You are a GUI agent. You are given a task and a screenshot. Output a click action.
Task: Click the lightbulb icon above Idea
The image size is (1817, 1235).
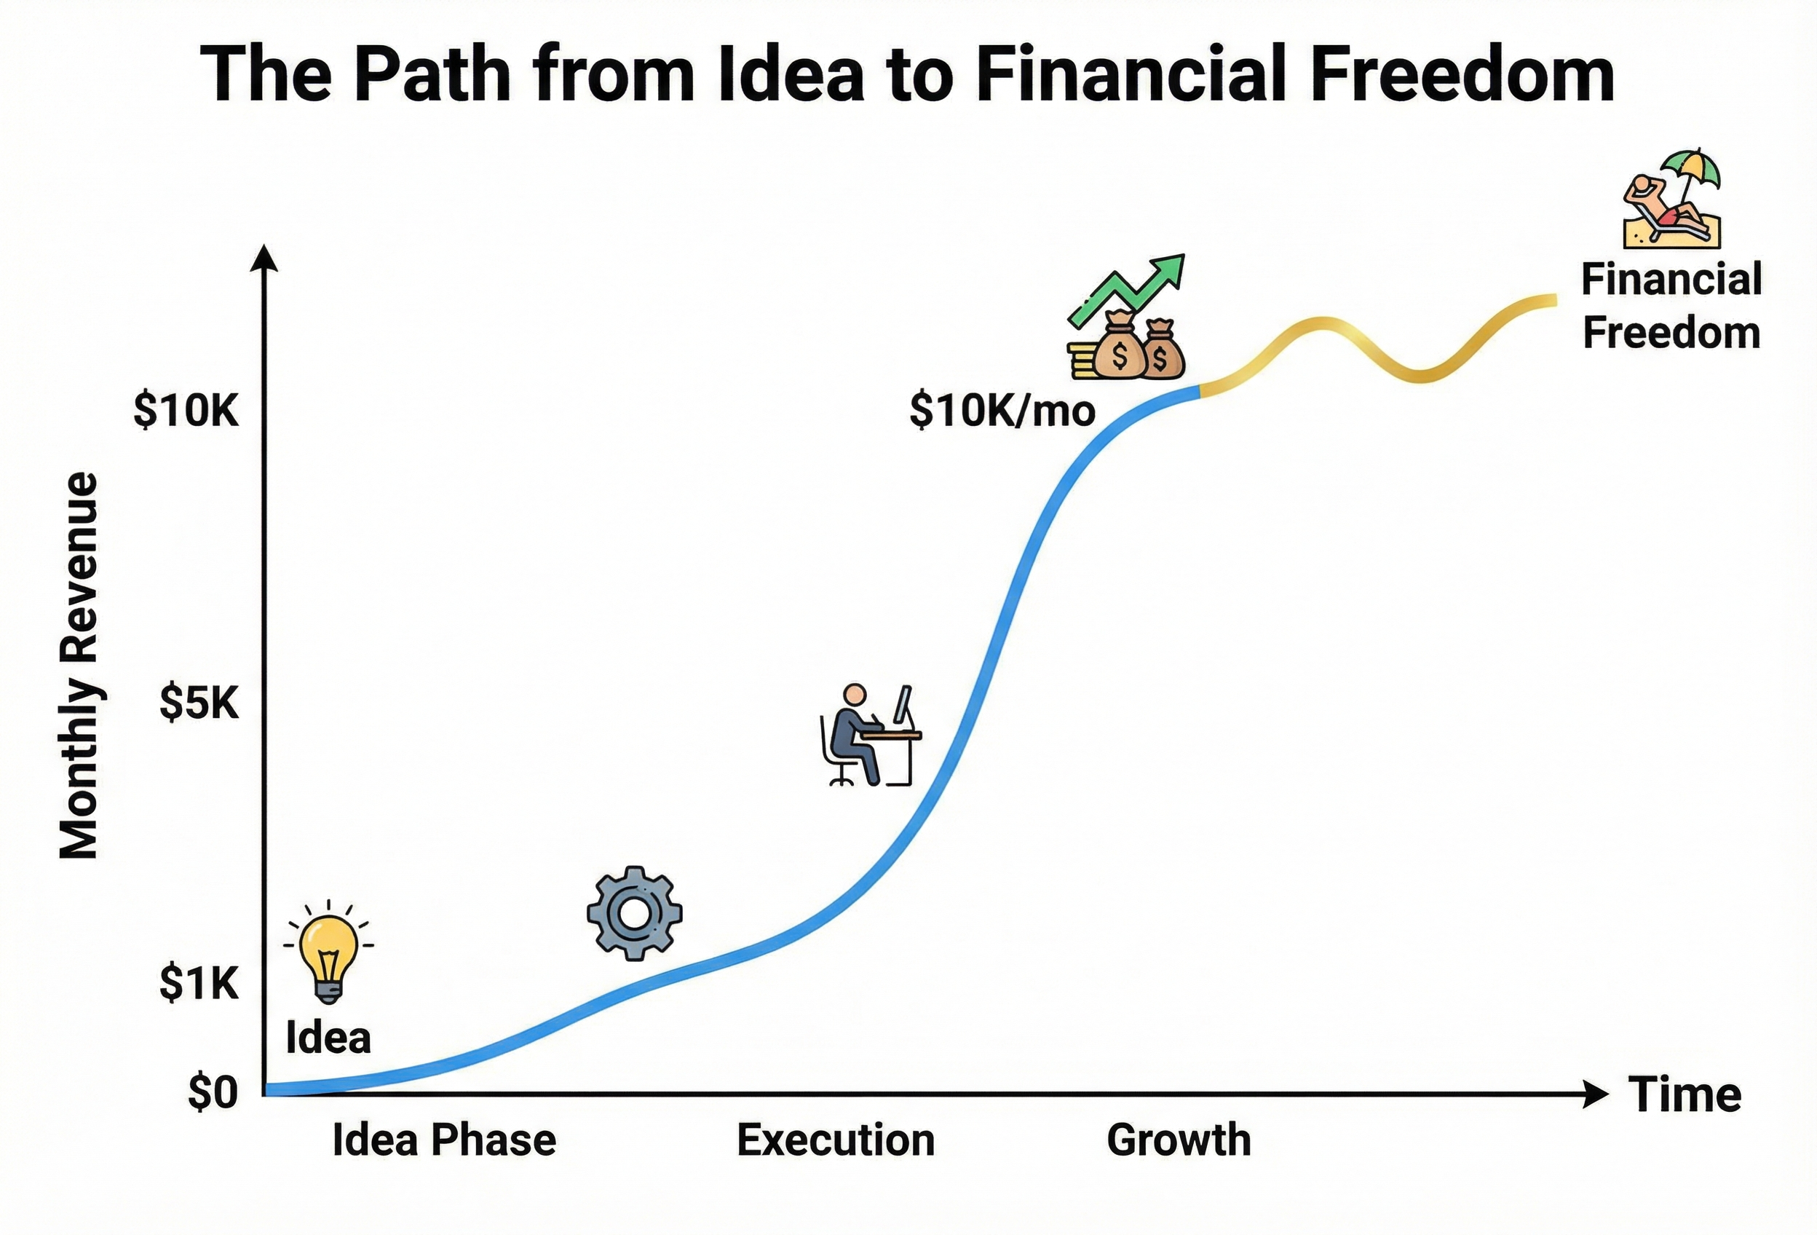click(328, 956)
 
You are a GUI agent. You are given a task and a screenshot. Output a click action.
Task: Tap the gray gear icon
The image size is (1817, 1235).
click(634, 912)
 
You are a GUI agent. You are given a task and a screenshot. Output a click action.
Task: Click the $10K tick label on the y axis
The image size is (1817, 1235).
click(186, 410)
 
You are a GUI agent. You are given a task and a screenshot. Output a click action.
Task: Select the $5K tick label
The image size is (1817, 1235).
click(199, 703)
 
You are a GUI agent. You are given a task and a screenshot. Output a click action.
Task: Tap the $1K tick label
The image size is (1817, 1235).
click(199, 982)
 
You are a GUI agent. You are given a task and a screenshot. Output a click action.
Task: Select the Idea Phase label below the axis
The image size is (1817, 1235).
click(444, 1140)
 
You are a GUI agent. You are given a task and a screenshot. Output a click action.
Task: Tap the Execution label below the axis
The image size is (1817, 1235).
click(835, 1140)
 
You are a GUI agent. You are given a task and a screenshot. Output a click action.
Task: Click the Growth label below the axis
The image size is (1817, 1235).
click(1179, 1140)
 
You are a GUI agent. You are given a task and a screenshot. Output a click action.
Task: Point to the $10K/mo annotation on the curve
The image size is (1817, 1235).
click(1002, 411)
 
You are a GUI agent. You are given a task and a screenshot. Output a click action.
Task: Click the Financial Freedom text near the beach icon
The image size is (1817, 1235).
click(1671, 306)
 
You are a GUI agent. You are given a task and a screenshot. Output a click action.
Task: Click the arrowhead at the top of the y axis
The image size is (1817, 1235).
click(264, 258)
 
